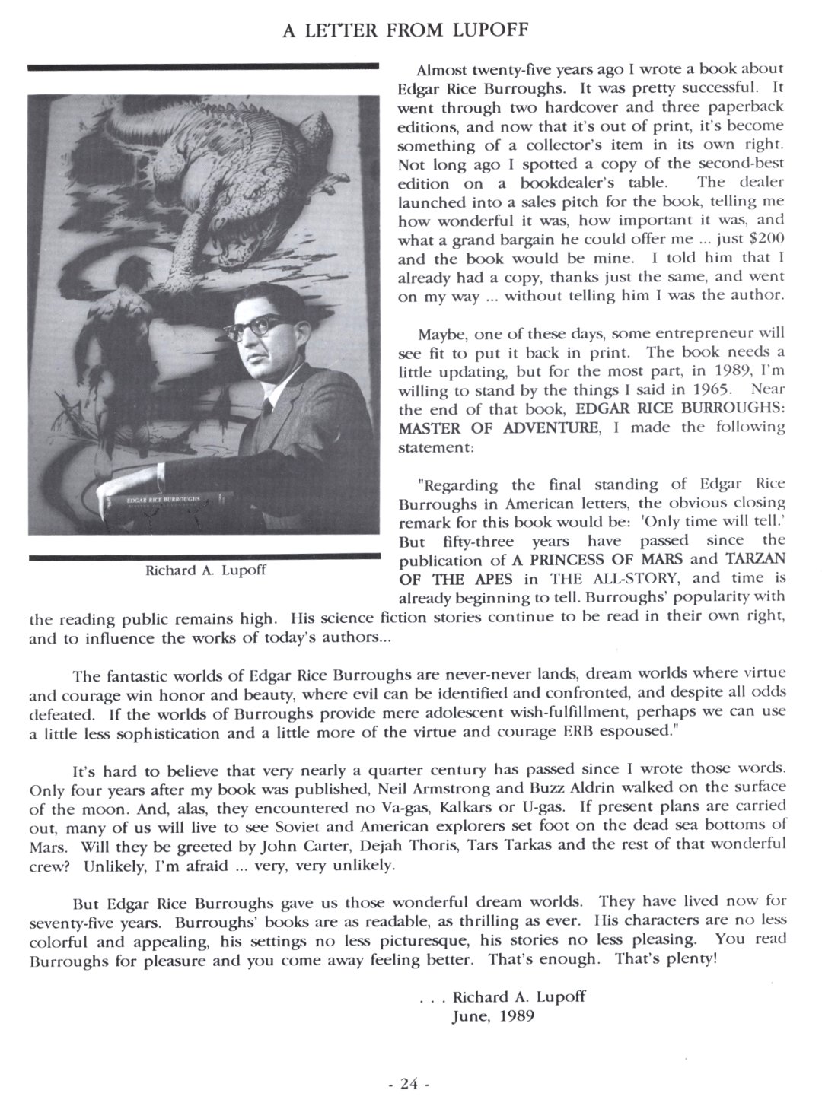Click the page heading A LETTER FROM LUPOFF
coord(412,30)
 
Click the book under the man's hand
coord(164,506)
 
